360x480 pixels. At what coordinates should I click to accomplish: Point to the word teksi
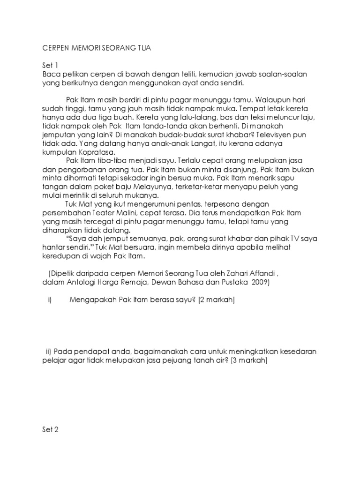click(x=264, y=118)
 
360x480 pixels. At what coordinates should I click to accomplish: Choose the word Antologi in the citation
click(x=76, y=283)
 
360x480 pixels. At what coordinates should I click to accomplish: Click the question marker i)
click(x=49, y=300)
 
